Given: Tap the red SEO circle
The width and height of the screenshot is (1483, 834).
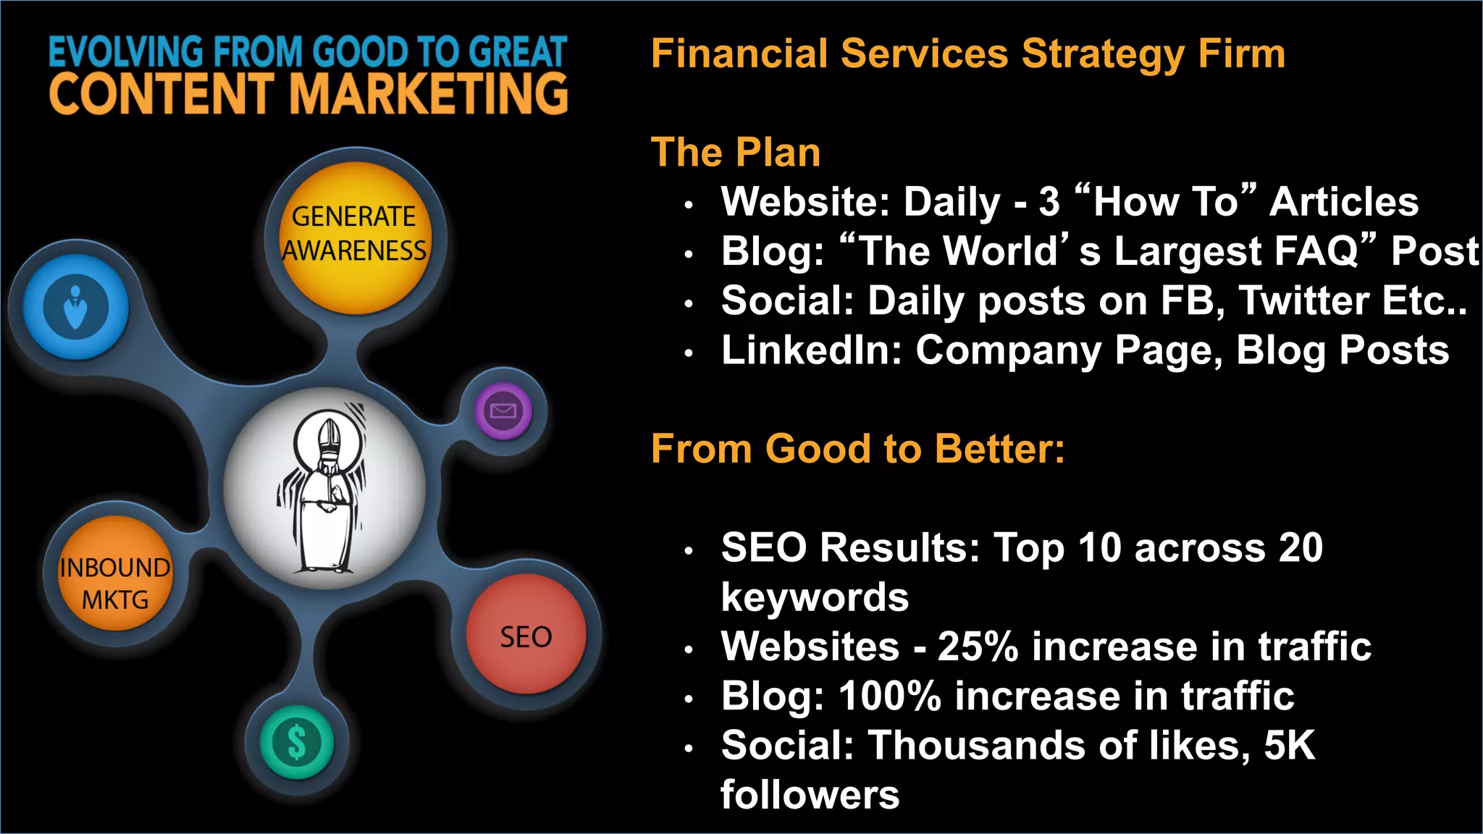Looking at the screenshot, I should pos(526,634).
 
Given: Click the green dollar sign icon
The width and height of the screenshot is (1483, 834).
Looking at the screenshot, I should pos(297,742).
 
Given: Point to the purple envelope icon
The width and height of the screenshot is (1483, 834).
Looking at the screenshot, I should pos(503,411).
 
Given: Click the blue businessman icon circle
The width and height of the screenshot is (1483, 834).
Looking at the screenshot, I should pos(75,307).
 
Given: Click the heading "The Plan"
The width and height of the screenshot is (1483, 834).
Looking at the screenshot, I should pos(735,152).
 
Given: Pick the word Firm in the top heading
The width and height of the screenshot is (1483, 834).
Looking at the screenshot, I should pos(1241,54).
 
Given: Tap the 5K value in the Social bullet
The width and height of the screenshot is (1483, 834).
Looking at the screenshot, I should pos(1289,745).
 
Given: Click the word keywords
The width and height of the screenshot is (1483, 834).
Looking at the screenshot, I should pos(815,597).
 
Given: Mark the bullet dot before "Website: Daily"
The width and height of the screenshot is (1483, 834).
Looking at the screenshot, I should pos(689,205).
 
